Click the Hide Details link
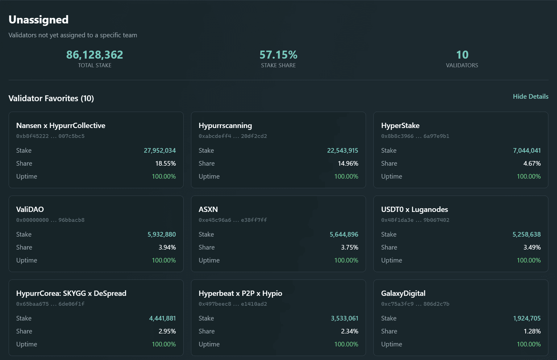(x=530, y=97)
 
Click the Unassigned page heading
(x=39, y=20)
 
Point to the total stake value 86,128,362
(x=94, y=55)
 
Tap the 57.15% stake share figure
(x=278, y=55)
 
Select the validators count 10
(x=462, y=55)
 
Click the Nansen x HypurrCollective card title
(x=61, y=126)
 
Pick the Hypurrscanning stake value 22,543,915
(x=343, y=151)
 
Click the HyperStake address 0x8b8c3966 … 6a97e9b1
(x=415, y=136)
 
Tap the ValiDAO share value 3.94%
(x=167, y=247)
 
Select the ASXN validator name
(x=208, y=209)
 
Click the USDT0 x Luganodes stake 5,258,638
(x=526, y=234)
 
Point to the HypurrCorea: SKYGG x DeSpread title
(x=71, y=293)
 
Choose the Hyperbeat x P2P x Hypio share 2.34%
(x=349, y=331)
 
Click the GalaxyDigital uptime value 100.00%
(x=529, y=344)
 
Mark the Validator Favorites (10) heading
(x=51, y=98)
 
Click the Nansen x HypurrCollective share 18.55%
(x=165, y=163)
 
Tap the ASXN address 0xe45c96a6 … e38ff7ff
(x=233, y=220)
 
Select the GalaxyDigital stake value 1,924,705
(x=527, y=318)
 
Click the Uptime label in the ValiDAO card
(x=27, y=260)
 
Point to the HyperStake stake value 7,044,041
(x=527, y=151)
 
